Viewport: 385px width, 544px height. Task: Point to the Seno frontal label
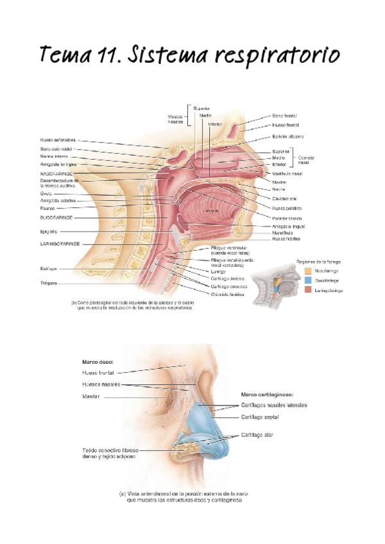pyautogui.click(x=285, y=116)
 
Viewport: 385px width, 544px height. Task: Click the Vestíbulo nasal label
pyautogui.click(x=287, y=174)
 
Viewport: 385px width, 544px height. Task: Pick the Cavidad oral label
pyautogui.click(x=284, y=198)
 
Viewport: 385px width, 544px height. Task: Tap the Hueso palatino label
pyautogui.click(x=287, y=208)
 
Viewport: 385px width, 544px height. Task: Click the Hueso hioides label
pyautogui.click(x=286, y=239)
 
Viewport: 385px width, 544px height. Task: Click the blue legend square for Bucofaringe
pyautogui.click(x=309, y=280)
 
